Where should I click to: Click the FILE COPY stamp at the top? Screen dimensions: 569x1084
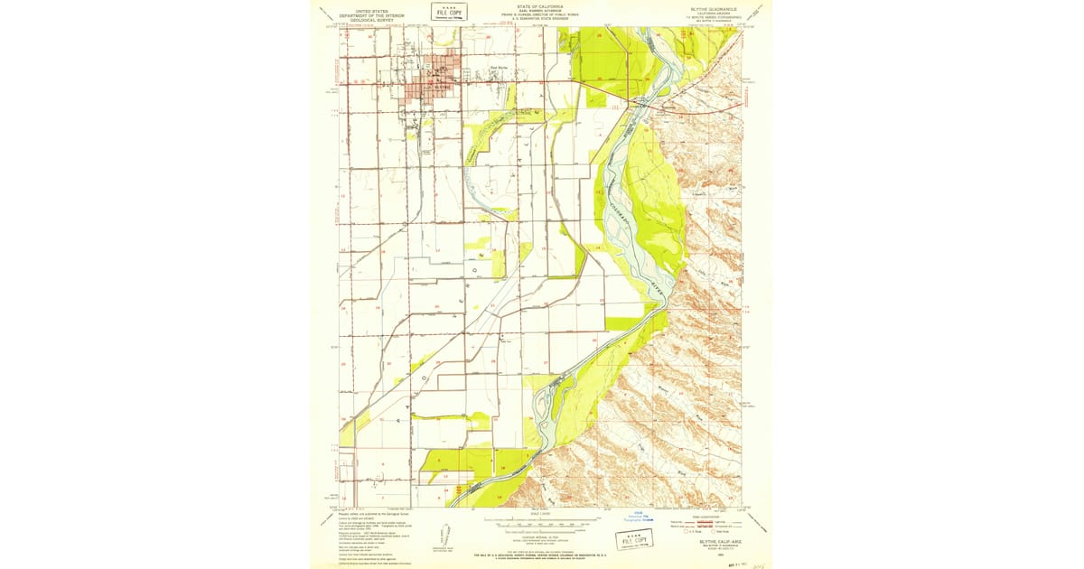pos(448,12)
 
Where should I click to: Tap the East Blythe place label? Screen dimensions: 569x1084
pos(499,66)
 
